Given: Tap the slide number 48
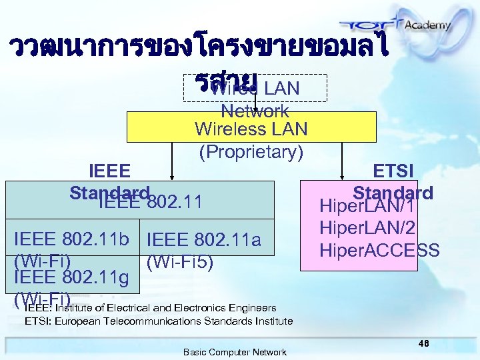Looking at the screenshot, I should coord(423,342).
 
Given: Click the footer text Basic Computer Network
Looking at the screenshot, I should coord(235,352).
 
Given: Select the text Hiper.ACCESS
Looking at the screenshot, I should coord(379,251).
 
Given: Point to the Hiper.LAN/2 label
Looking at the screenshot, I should coord(368,228).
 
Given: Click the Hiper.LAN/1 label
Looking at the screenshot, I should coord(368,207).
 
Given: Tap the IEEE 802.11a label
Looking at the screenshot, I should coord(203,239).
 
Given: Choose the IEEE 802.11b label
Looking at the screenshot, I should coord(75,239).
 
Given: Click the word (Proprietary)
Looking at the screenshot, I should coord(251,152).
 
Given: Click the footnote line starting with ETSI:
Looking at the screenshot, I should coord(159,321).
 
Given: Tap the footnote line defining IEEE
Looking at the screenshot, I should coord(150,308).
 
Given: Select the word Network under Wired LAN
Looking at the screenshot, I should coord(255,110).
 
